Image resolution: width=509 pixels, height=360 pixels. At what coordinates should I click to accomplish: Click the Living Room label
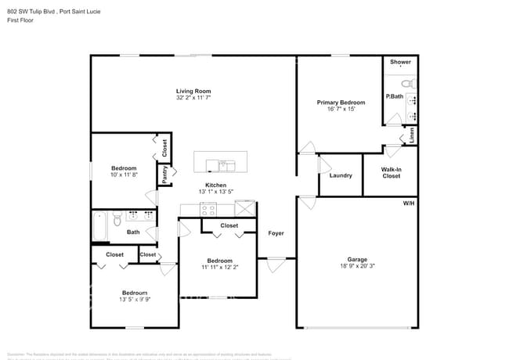(x=193, y=92)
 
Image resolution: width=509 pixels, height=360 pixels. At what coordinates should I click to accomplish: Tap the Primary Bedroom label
(x=341, y=103)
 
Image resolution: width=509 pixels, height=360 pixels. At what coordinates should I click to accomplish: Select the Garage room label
(x=357, y=259)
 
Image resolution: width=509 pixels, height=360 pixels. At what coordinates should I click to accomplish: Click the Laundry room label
(x=341, y=175)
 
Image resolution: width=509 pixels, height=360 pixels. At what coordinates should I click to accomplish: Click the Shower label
(x=400, y=62)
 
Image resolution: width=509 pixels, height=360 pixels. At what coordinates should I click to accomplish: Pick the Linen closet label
(x=411, y=135)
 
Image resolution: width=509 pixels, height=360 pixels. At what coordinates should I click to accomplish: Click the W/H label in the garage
(x=409, y=203)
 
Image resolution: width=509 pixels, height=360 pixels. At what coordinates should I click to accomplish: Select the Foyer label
(x=276, y=233)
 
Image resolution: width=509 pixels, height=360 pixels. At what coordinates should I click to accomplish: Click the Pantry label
(x=165, y=175)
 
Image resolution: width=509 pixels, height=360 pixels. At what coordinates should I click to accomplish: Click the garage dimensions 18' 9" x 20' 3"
(x=357, y=266)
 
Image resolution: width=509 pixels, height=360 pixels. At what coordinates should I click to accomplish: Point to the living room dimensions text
(x=193, y=99)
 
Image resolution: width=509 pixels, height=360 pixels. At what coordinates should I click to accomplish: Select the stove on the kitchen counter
(x=208, y=209)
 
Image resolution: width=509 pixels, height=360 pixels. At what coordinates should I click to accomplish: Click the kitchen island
(x=220, y=162)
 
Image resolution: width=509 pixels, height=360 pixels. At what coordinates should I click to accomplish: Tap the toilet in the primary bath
(x=407, y=84)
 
